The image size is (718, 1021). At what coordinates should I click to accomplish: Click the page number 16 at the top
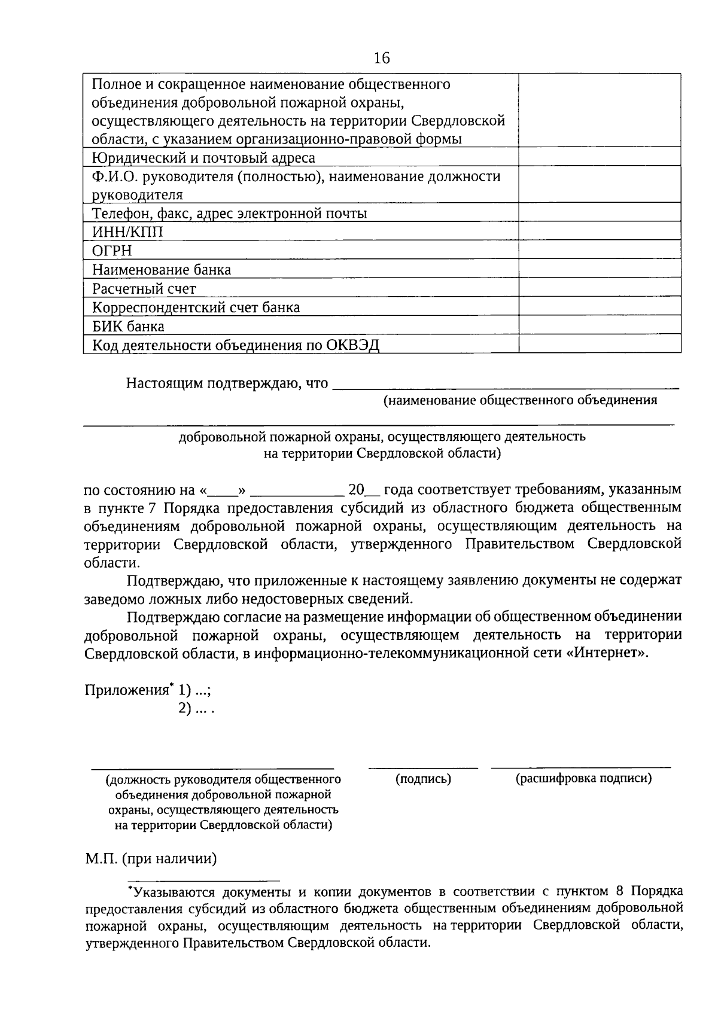tap(381, 58)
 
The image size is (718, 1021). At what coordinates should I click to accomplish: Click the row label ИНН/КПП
tap(127, 232)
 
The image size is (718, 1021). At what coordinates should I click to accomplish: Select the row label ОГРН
tap(112, 251)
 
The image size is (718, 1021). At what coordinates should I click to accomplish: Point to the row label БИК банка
tap(128, 327)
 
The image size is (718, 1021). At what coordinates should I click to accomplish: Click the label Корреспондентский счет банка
tap(196, 307)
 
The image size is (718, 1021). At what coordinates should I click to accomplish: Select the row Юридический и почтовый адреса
tap(203, 158)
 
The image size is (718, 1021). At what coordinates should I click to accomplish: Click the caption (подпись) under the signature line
tap(423, 779)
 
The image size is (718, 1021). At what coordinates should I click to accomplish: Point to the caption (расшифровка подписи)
tap(583, 778)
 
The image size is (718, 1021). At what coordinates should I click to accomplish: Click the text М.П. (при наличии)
tap(150, 859)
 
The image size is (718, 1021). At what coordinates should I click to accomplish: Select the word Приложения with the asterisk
tap(127, 690)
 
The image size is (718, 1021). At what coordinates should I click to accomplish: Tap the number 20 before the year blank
tap(356, 490)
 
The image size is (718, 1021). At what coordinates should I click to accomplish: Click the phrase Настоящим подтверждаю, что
tap(227, 383)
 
